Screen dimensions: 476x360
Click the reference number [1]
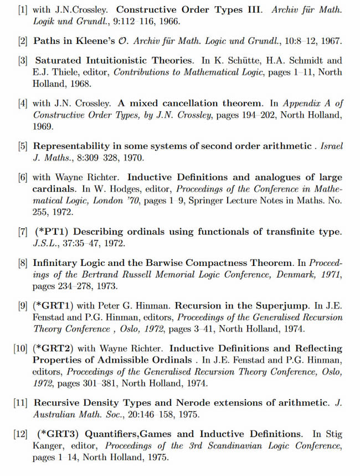click(24, 11)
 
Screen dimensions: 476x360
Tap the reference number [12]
click(21, 434)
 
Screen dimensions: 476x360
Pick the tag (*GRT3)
click(58, 434)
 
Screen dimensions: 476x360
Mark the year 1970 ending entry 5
click(133, 158)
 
